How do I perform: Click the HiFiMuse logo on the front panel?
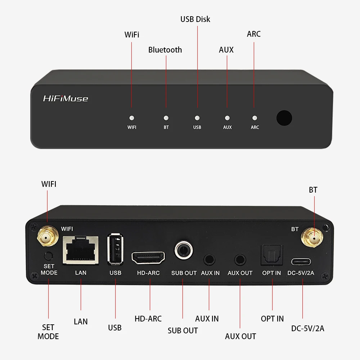point(66,98)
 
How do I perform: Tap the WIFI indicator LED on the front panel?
point(132,118)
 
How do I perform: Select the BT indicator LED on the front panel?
point(166,118)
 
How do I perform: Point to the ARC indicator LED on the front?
point(255,118)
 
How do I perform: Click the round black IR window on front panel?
point(284,118)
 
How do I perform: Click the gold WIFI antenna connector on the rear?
point(48,237)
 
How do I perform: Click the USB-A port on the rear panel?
point(115,249)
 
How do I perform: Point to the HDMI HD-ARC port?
point(149,257)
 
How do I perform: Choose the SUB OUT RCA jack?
point(184,250)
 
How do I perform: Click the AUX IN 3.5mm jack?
point(209,259)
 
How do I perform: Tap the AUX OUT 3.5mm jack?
point(240,259)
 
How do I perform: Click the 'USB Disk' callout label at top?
point(195,19)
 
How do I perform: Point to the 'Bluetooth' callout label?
point(165,50)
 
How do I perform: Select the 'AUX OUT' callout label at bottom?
point(240,336)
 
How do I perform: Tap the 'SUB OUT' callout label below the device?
point(183,330)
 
